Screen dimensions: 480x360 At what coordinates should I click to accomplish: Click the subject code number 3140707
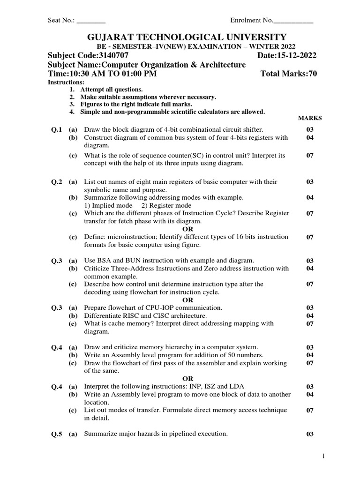[112, 56]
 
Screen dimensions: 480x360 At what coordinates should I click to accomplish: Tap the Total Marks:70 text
[288, 74]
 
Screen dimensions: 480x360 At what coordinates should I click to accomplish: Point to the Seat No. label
[61, 21]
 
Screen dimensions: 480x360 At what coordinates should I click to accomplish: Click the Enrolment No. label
[251, 21]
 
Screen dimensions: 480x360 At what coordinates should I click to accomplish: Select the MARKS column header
[310, 119]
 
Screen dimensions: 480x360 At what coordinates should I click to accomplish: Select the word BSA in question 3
[104, 260]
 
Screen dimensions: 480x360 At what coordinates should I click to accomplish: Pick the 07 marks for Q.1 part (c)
[310, 155]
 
